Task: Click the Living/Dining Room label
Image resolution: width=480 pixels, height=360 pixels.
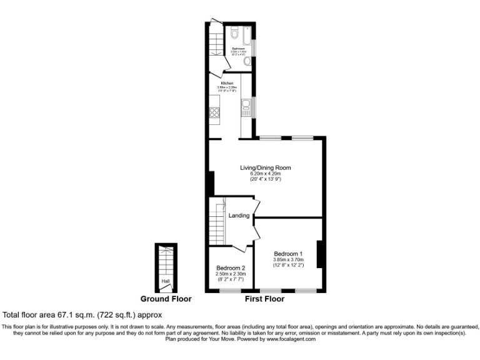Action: coord(266,167)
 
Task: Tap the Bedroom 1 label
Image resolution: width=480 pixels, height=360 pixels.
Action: coord(288,253)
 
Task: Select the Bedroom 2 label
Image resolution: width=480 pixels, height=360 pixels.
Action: coord(231,267)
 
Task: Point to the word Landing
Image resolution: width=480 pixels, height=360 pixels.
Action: coord(239,216)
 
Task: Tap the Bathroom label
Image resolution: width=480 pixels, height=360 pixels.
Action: coord(238,48)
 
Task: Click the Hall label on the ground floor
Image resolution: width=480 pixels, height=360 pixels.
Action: coord(166,281)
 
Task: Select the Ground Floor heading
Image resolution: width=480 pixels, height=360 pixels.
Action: coord(166,299)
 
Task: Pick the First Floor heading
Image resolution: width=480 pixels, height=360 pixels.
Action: coord(264,299)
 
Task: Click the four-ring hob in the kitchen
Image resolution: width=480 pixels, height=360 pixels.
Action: coord(214,113)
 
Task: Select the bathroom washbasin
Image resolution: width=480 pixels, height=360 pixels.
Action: coord(248,61)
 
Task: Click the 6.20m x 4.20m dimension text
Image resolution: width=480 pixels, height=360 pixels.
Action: coord(266,174)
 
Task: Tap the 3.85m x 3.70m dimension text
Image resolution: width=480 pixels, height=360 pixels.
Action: coord(288,259)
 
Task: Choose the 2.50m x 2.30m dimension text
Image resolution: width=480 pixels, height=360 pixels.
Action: coord(231,274)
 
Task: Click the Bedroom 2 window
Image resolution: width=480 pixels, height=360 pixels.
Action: coord(231,291)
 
